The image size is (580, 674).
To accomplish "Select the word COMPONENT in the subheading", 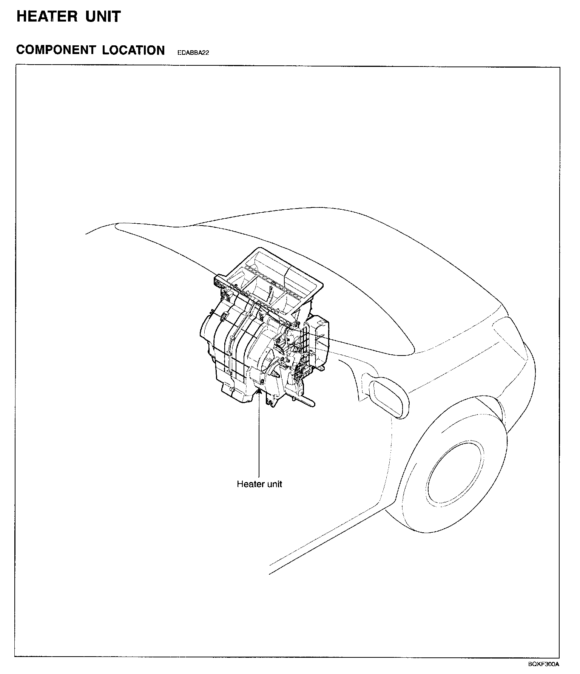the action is pos(56,50).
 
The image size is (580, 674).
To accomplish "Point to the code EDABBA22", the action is pos(193,53).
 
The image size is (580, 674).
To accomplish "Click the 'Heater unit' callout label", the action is pos(259,484).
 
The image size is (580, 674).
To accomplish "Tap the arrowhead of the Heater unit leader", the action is pos(259,391).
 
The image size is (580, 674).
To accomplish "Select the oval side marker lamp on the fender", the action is pos(389,399).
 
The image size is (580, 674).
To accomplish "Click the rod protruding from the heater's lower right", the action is pos(306,402).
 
